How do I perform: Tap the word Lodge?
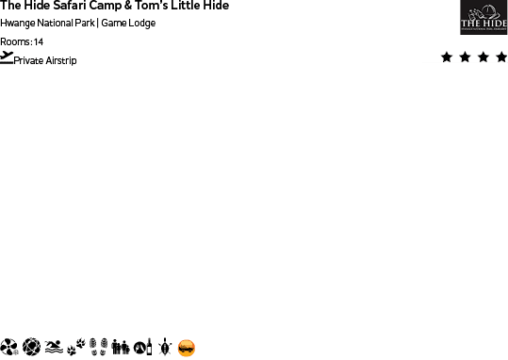click(141, 24)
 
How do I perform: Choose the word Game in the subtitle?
click(114, 24)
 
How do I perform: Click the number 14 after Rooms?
click(39, 42)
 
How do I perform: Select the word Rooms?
click(15, 42)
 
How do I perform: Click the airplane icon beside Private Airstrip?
click(8, 58)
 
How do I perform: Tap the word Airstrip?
click(60, 61)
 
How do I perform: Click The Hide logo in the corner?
click(483, 17)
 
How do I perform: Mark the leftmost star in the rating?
click(445, 57)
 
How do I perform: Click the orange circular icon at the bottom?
click(187, 348)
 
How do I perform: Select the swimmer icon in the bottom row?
click(54, 348)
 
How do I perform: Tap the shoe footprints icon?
click(99, 348)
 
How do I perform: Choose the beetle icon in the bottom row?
click(165, 348)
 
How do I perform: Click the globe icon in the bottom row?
click(31, 348)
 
